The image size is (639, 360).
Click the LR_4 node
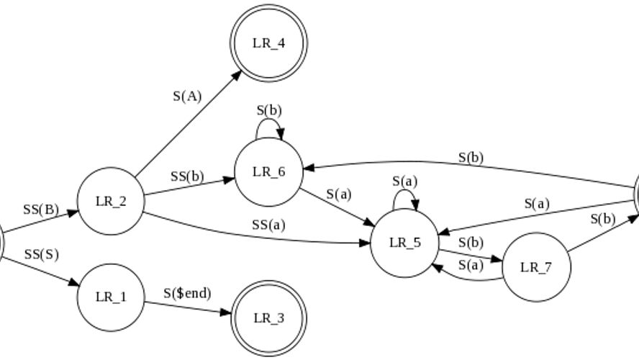click(x=268, y=42)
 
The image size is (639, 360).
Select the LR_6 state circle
click(x=268, y=171)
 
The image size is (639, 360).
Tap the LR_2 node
click(x=111, y=201)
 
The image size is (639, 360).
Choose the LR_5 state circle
click(x=404, y=243)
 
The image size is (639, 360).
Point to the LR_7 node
click(x=535, y=267)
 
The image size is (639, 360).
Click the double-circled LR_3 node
click(x=268, y=318)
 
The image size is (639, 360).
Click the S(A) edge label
click(x=187, y=96)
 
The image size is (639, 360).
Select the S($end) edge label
click(x=187, y=293)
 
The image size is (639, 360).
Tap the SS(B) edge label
click(x=40, y=210)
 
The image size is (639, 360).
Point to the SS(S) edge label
click(x=41, y=254)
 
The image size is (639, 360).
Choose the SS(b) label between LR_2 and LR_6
click(x=187, y=176)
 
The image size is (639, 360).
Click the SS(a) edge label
click(x=268, y=225)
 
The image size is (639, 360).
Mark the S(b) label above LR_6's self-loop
click(x=269, y=110)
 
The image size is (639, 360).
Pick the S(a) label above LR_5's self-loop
click(x=404, y=181)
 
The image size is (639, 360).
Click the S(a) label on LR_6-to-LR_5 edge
click(x=338, y=194)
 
